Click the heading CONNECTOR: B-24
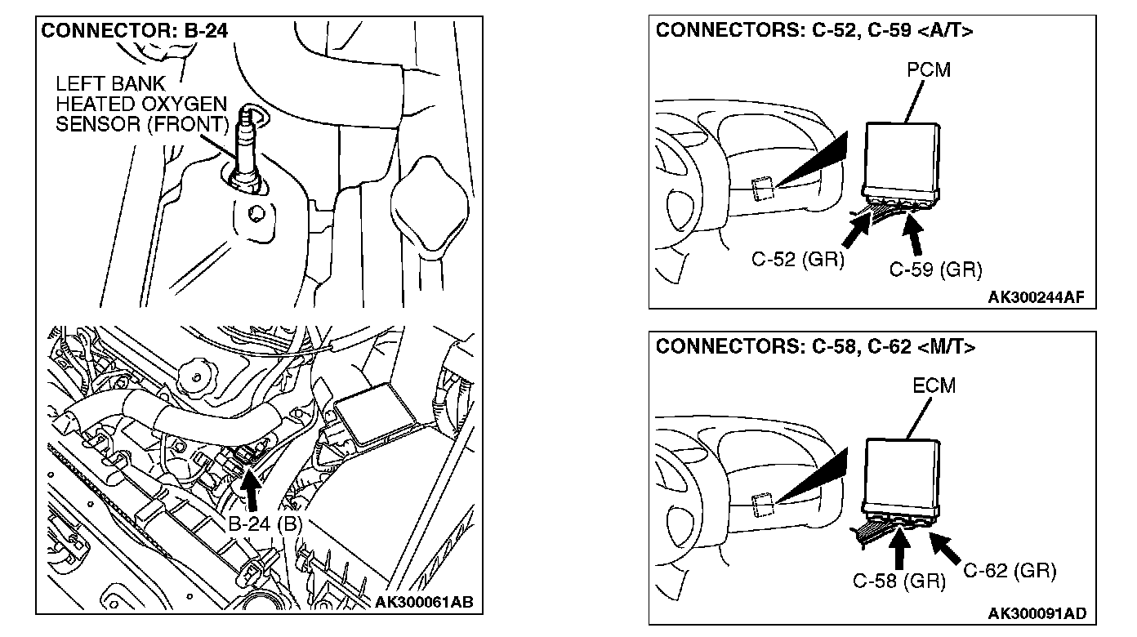pyautogui.click(x=135, y=31)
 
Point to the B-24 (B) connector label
pyautogui.click(x=265, y=524)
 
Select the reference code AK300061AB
pyautogui.click(x=423, y=604)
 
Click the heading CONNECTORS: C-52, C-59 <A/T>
pyautogui.click(x=815, y=31)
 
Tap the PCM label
pyautogui.click(x=929, y=69)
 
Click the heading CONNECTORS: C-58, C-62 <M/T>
pyautogui.click(x=816, y=346)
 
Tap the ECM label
pyautogui.click(x=933, y=385)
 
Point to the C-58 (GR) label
pyautogui.click(x=898, y=581)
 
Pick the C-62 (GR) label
pyautogui.click(x=1010, y=570)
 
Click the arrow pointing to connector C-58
pyautogui.click(x=902, y=550)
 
